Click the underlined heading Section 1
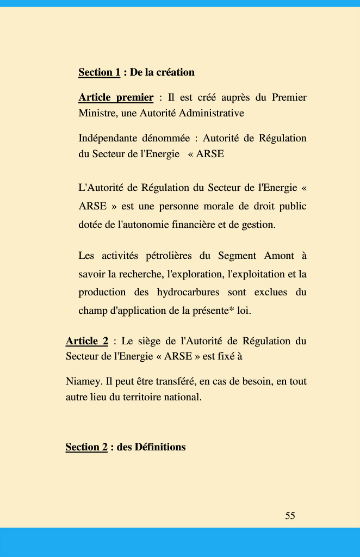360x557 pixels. click(x=99, y=72)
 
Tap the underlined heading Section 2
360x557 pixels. click(x=86, y=447)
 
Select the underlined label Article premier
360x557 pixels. click(x=116, y=97)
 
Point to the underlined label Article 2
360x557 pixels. click(x=86, y=341)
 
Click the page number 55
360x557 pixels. click(x=290, y=516)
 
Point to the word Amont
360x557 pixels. click(x=279, y=256)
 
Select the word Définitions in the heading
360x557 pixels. click(x=159, y=447)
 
